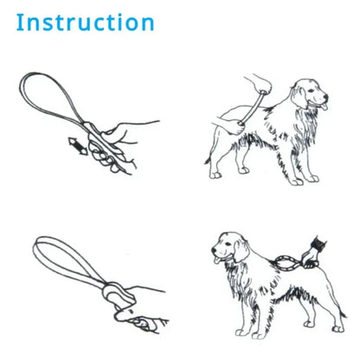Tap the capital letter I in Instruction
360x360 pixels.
(21, 22)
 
